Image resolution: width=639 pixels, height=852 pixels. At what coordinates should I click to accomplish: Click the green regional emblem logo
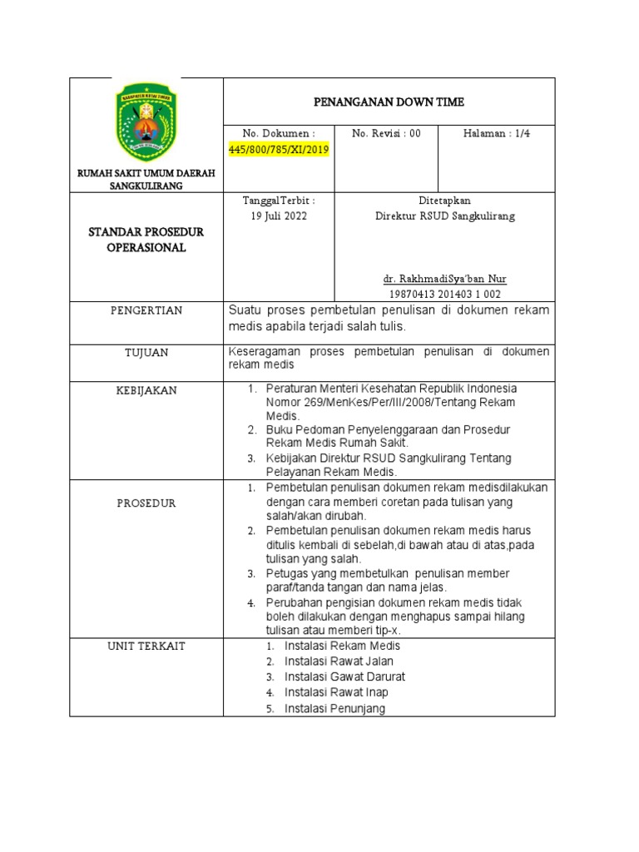[x=146, y=121]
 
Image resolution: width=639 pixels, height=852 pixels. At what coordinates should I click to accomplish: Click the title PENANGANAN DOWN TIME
[x=389, y=102]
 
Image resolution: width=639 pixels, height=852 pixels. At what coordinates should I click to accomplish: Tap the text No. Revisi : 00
[x=386, y=133]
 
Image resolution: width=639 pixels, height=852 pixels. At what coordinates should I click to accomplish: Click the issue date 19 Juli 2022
[x=279, y=216]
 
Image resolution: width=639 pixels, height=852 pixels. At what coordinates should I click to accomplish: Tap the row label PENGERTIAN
[x=146, y=310]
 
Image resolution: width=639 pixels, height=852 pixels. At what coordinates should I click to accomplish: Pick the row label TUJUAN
[x=146, y=353]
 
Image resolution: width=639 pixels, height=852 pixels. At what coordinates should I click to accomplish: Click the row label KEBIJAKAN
[x=146, y=390]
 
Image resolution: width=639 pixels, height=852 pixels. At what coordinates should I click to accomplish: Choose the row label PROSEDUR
[x=146, y=503]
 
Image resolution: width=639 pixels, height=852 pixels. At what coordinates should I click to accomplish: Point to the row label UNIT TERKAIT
[x=146, y=646]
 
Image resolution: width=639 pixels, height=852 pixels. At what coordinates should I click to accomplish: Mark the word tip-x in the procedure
[x=384, y=630]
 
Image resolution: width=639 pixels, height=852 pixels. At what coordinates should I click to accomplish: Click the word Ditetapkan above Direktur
[x=444, y=201]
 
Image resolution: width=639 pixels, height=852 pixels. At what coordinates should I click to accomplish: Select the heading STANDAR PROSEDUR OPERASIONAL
[x=146, y=240]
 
